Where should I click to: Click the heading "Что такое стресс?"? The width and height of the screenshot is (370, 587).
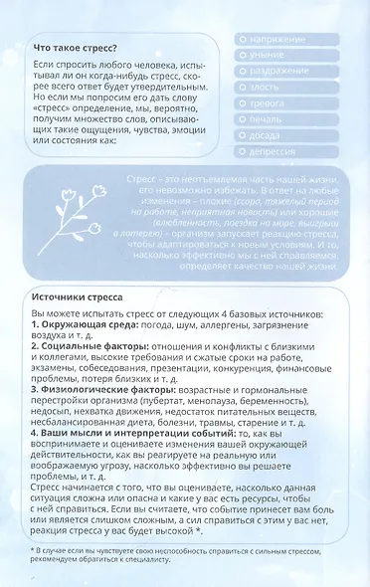point(76,47)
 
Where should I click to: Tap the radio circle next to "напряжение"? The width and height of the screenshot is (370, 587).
point(244,40)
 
